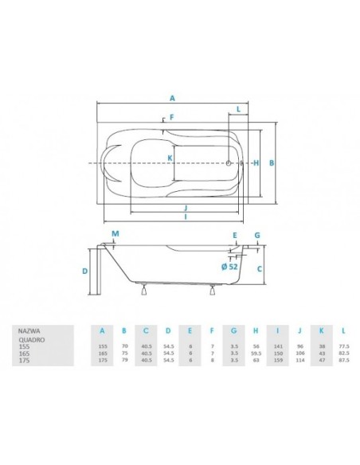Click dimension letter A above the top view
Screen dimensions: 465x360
tap(172, 98)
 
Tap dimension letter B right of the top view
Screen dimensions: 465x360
tap(272, 162)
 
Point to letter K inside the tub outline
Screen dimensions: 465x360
tap(170, 158)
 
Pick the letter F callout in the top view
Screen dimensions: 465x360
tap(170, 118)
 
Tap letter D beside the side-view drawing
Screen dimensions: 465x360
tap(84, 272)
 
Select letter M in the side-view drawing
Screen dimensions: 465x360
tap(115, 233)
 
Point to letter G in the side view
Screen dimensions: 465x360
tap(257, 236)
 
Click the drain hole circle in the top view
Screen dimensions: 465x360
tap(229, 163)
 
